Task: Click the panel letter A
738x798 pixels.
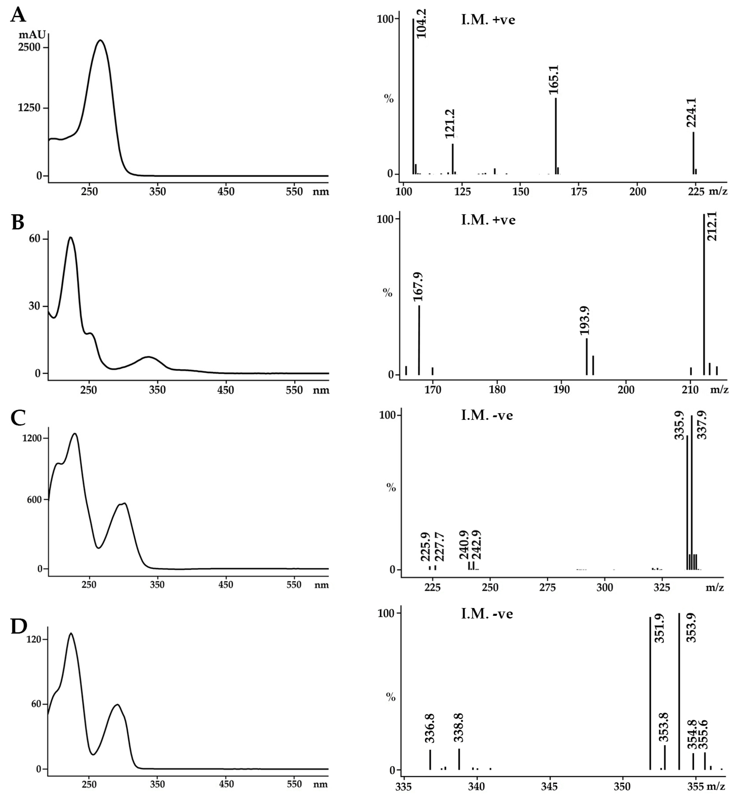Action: (x=18, y=15)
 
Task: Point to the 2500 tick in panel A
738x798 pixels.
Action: (x=29, y=47)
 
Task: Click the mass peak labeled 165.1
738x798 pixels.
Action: (x=556, y=136)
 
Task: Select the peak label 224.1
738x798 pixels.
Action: (x=691, y=113)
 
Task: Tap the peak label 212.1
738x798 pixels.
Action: (x=712, y=226)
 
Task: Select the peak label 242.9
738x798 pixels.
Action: (x=476, y=544)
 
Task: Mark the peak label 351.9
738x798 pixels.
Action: (x=660, y=629)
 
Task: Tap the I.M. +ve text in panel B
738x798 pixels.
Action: (x=488, y=220)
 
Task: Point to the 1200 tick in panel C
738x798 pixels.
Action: (x=32, y=438)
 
